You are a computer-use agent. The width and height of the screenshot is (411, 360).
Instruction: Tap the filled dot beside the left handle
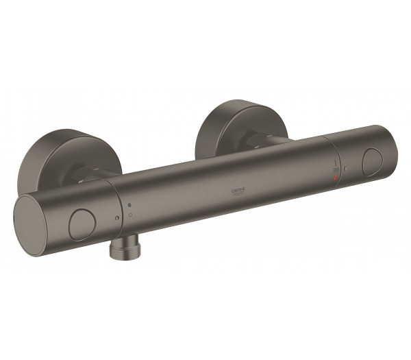tap(128, 204)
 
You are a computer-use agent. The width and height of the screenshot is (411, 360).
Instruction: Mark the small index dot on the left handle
tap(118, 218)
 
